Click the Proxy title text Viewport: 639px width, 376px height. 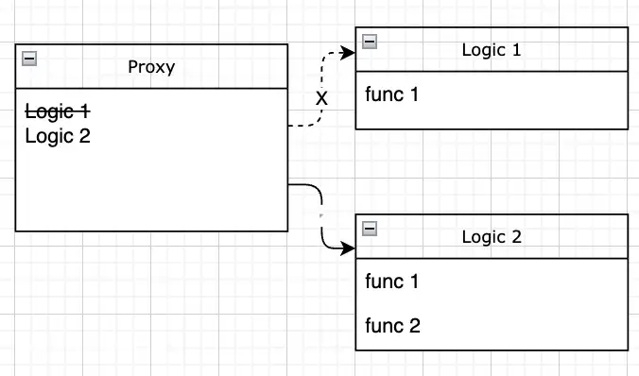click(151, 67)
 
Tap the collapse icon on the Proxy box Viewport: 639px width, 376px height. click(29, 59)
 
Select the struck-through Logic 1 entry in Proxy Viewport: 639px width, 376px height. click(57, 112)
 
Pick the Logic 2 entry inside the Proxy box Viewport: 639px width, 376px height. click(57, 136)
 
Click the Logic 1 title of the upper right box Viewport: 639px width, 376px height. click(491, 50)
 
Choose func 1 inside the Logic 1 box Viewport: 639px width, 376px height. click(391, 94)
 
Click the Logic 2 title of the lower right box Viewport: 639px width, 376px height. click(491, 237)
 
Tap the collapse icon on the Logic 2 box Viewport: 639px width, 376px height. click(370, 229)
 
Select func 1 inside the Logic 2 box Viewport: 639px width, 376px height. click(391, 282)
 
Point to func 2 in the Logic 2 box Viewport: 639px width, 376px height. click(391, 326)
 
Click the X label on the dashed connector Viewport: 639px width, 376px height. click(321, 98)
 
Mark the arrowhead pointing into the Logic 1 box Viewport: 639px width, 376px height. click(349, 53)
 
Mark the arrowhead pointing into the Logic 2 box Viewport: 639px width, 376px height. click(349, 250)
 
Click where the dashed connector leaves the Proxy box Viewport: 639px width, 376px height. click(289, 125)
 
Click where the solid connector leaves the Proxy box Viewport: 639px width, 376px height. click(289, 185)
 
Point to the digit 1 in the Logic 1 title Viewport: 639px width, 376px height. click(516, 50)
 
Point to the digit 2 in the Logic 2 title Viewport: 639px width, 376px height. click(516, 237)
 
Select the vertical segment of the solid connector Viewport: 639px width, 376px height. click(322, 222)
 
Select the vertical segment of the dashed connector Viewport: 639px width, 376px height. click(322, 80)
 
